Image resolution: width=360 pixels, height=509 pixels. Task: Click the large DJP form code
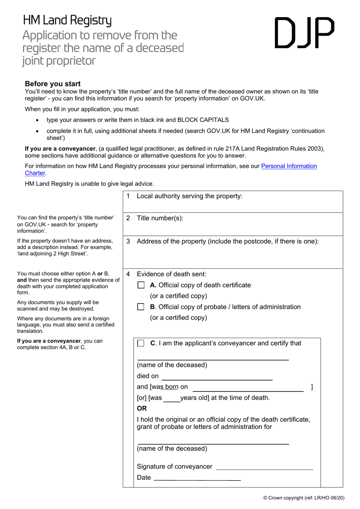click(304, 33)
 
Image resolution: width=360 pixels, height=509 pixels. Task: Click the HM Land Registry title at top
click(67, 20)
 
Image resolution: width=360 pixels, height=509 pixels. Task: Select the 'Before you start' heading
click(53, 84)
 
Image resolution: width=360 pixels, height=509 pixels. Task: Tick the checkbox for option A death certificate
click(141, 285)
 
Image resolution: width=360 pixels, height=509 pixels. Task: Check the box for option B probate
click(141, 307)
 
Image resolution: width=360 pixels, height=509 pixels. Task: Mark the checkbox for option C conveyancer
click(141, 343)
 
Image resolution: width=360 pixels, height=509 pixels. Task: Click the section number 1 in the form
click(128, 196)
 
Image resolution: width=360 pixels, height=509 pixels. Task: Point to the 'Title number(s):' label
click(160, 218)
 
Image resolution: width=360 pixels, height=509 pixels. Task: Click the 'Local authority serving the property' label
click(189, 196)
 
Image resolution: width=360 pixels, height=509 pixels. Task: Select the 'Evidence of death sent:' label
click(171, 274)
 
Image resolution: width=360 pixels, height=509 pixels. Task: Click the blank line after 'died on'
click(217, 377)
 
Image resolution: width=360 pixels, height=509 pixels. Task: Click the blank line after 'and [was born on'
click(248, 388)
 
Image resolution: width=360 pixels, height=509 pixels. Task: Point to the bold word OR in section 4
click(142, 408)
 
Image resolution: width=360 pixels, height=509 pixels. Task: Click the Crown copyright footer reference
click(304, 498)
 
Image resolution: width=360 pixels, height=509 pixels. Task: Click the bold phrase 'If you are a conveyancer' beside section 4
click(49, 341)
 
